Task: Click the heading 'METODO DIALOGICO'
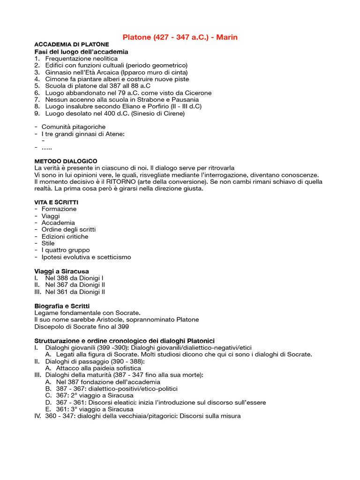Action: tap(66, 161)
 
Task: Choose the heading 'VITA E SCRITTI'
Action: tap(56, 202)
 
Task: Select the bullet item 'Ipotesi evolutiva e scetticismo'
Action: tap(86, 257)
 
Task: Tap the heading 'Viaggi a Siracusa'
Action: tap(61, 271)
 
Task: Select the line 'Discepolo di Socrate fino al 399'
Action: tap(82, 326)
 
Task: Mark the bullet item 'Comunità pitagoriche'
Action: tap(73, 127)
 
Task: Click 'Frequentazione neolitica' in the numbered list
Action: tap(81, 59)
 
